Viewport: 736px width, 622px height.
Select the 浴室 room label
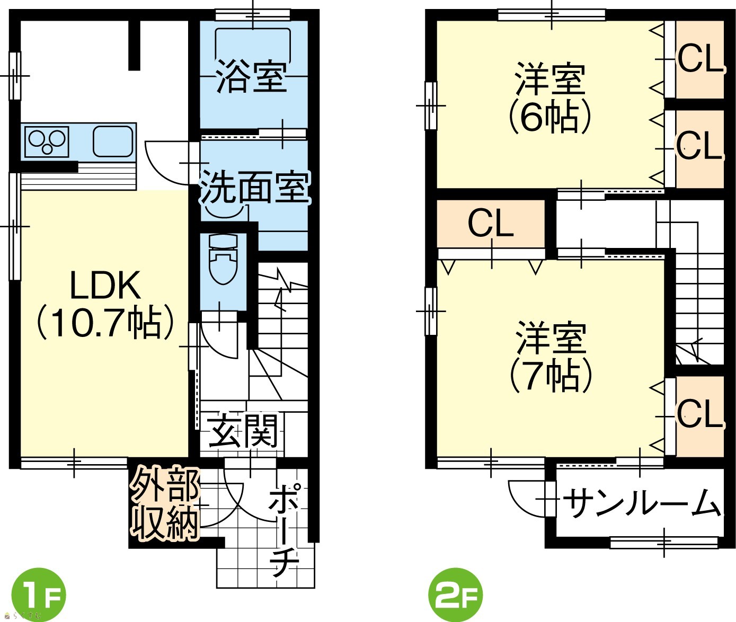pyautogui.click(x=252, y=77)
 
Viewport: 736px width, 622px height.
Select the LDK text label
pyautogui.click(x=105, y=285)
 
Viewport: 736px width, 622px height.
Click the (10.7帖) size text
pyautogui.click(x=105, y=322)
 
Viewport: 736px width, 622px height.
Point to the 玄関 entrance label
pyautogui.click(x=243, y=431)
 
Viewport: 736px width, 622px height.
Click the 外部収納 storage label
pyautogui.click(x=164, y=503)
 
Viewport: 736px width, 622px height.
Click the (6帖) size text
pyautogui.click(x=551, y=117)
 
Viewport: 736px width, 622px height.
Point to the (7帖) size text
pyautogui.click(x=551, y=375)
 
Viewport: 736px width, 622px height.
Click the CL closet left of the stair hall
pyautogui.click(x=491, y=224)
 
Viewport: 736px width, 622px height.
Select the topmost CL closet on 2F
pyautogui.click(x=700, y=59)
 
